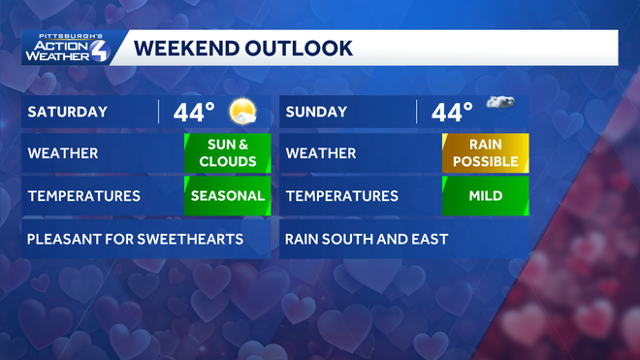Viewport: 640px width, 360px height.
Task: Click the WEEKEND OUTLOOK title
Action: click(x=242, y=48)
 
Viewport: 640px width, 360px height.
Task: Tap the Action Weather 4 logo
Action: click(x=67, y=49)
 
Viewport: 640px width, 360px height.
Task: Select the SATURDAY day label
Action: click(x=67, y=112)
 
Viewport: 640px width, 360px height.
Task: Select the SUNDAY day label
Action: click(x=317, y=112)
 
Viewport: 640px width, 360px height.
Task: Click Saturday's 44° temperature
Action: click(x=195, y=112)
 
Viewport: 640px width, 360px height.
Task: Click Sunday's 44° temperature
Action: click(x=452, y=112)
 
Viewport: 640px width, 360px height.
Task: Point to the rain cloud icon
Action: click(x=499, y=103)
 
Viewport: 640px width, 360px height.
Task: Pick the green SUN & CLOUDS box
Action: click(x=227, y=153)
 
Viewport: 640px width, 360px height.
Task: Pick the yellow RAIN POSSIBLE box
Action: click(x=485, y=153)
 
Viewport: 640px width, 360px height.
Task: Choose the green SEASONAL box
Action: click(x=227, y=196)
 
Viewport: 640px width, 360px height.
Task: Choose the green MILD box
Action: click(x=485, y=196)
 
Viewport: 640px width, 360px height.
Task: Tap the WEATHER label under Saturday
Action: click(x=62, y=153)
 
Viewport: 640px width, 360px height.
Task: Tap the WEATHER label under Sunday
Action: click(x=321, y=153)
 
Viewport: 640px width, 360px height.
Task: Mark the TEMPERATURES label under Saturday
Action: click(x=84, y=196)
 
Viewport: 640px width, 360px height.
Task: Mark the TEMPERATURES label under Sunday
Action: click(x=342, y=196)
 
